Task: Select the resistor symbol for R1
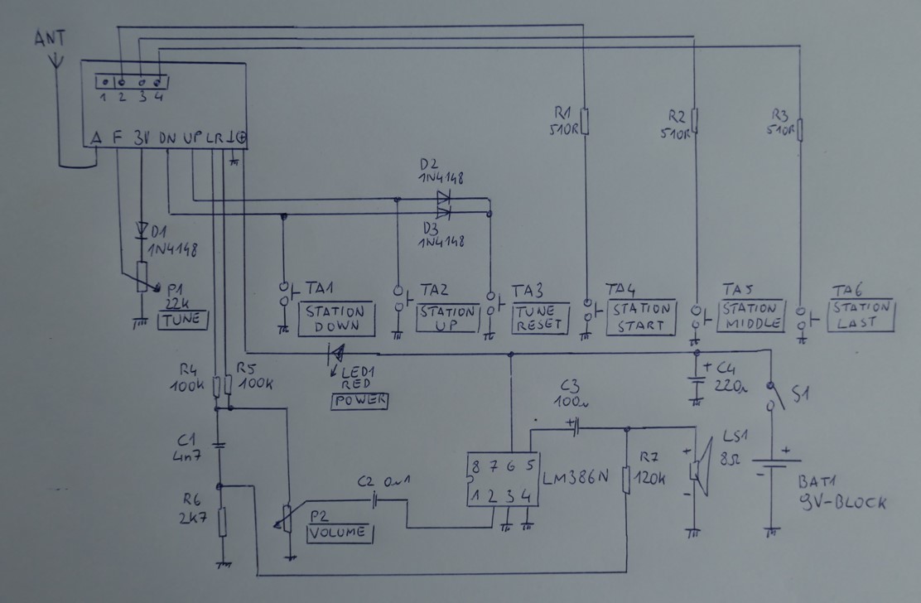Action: click(584, 123)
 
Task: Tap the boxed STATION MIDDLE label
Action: click(749, 315)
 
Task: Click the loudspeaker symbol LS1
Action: click(701, 468)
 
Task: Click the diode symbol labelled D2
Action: click(443, 198)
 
